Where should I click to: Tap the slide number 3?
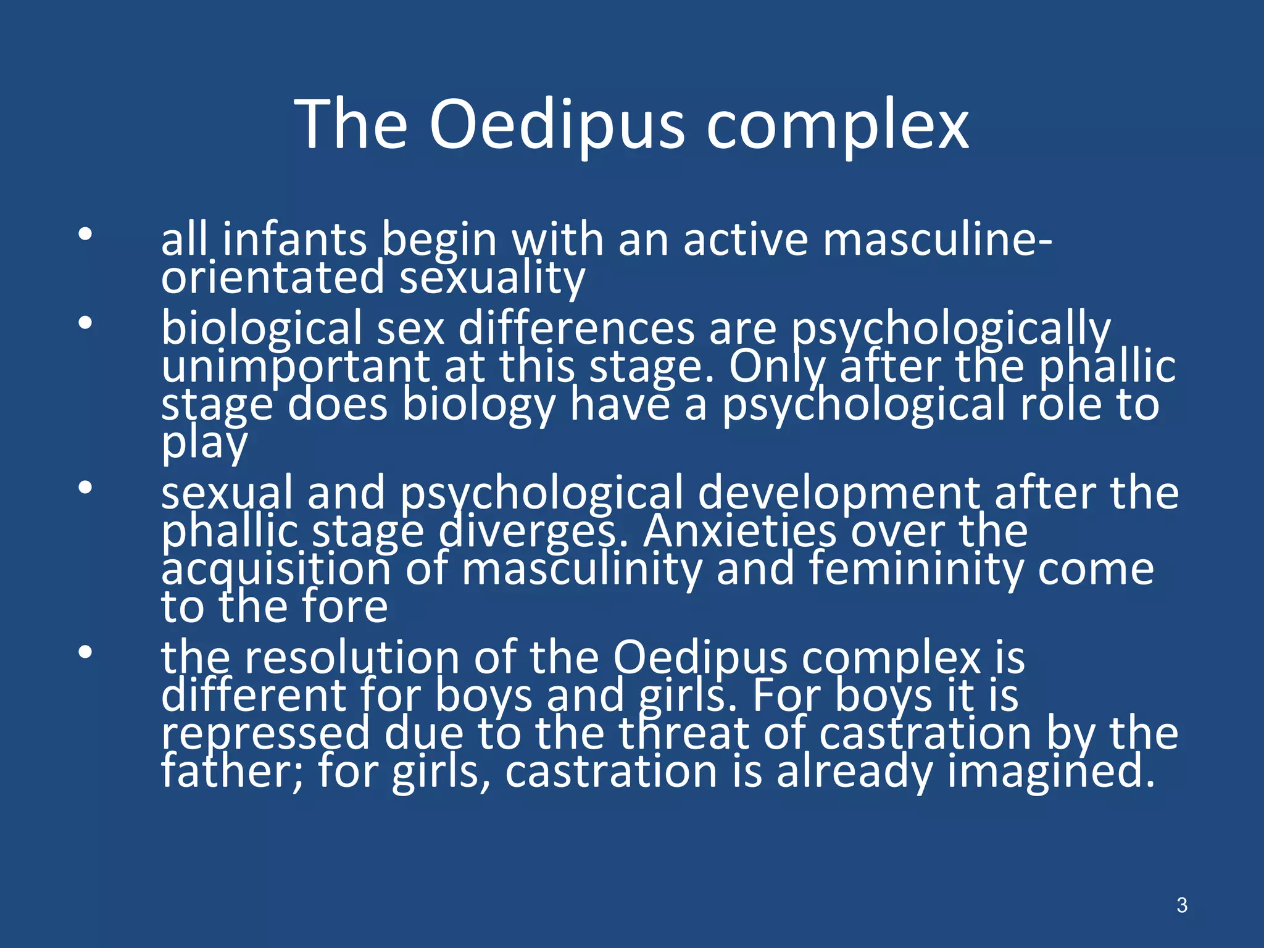1181,905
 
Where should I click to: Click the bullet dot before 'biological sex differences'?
85,323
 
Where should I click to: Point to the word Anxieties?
740,531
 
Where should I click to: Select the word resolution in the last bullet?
352,658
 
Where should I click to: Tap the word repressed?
266,734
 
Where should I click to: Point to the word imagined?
1050,771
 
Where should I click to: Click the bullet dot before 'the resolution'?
85,652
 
